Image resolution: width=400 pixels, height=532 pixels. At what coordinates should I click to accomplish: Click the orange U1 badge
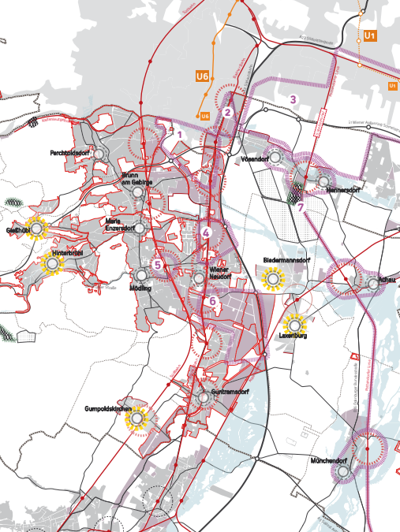[371, 36]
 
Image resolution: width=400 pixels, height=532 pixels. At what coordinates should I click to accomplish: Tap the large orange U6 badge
[203, 76]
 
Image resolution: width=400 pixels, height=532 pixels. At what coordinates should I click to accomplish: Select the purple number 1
[180, 135]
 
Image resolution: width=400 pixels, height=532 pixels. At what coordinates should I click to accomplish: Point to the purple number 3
[293, 100]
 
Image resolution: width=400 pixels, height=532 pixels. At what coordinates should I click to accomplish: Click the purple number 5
[158, 265]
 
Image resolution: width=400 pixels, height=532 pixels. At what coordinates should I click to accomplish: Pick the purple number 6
[212, 300]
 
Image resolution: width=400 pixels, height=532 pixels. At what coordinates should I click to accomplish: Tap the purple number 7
[301, 207]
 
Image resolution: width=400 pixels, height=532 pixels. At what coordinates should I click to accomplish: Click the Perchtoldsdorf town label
[71, 152]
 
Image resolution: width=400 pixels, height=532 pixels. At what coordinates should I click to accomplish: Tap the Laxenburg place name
[292, 337]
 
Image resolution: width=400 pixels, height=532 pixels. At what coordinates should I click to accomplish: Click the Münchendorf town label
[329, 460]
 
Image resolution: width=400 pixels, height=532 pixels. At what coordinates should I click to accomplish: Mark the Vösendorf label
[253, 158]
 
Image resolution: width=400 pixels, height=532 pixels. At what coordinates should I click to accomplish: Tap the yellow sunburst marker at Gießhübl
[36, 229]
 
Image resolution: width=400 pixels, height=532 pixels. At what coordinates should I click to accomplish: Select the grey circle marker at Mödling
[141, 276]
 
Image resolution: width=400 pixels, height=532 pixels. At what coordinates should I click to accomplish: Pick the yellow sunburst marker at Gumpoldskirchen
[138, 419]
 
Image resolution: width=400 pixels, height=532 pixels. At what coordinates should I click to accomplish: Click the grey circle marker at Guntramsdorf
[204, 398]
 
